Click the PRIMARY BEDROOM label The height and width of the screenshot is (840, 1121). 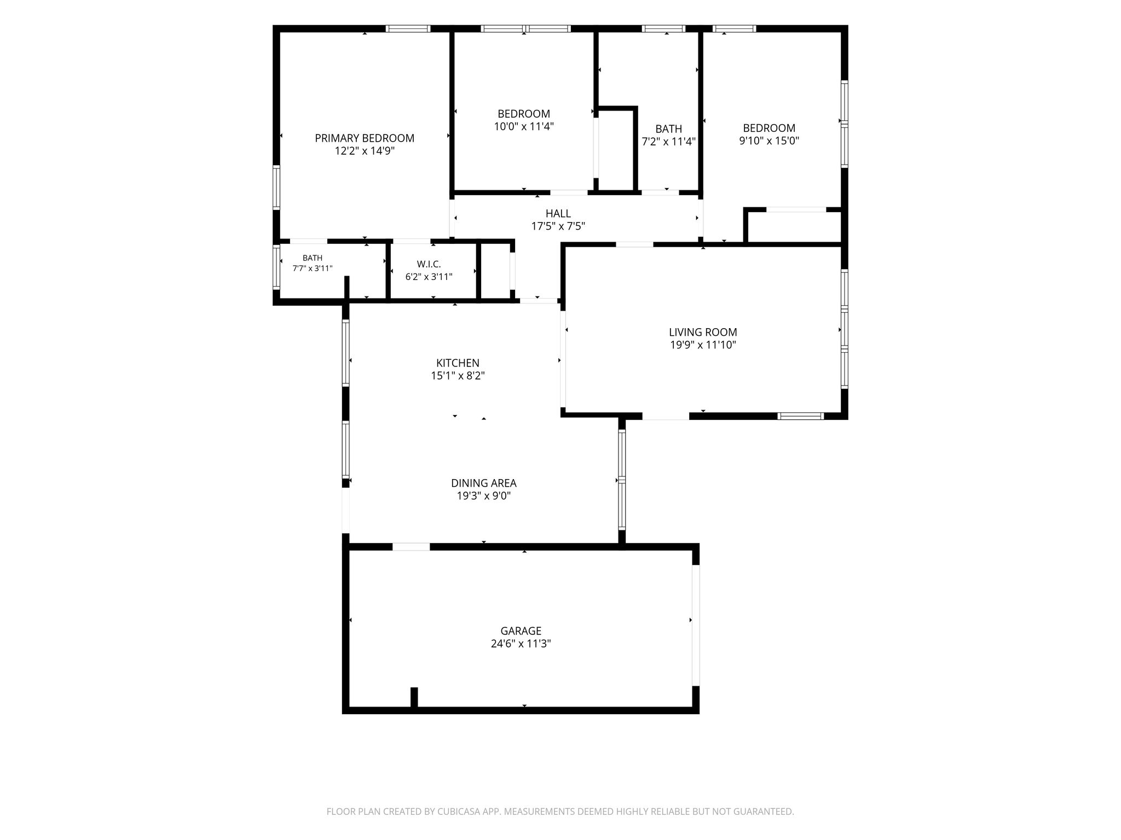click(365, 138)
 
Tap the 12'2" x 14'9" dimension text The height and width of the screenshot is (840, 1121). click(365, 151)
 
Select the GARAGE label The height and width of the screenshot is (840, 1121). click(521, 631)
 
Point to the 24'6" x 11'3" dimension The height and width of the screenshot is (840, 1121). click(521, 644)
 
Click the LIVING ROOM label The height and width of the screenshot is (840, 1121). click(703, 332)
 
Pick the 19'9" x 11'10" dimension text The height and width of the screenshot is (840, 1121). click(703, 345)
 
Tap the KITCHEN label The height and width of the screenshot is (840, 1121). click(458, 363)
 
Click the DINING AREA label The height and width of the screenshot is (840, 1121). click(484, 483)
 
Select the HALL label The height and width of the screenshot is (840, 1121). click(558, 214)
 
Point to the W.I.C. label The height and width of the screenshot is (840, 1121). click(429, 265)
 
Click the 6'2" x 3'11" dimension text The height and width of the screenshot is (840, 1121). click(429, 277)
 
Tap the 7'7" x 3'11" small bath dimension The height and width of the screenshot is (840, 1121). click(313, 268)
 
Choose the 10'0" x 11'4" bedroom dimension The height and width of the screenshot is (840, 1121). click(524, 126)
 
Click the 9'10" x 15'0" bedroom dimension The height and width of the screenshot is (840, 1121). click(769, 141)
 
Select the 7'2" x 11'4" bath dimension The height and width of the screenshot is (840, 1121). click(669, 142)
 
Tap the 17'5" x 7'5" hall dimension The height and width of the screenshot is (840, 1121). click(558, 226)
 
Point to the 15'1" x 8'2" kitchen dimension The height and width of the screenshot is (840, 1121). click(458, 376)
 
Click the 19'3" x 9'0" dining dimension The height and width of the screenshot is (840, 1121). click(484, 496)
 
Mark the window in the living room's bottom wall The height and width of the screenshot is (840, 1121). click(801, 416)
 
